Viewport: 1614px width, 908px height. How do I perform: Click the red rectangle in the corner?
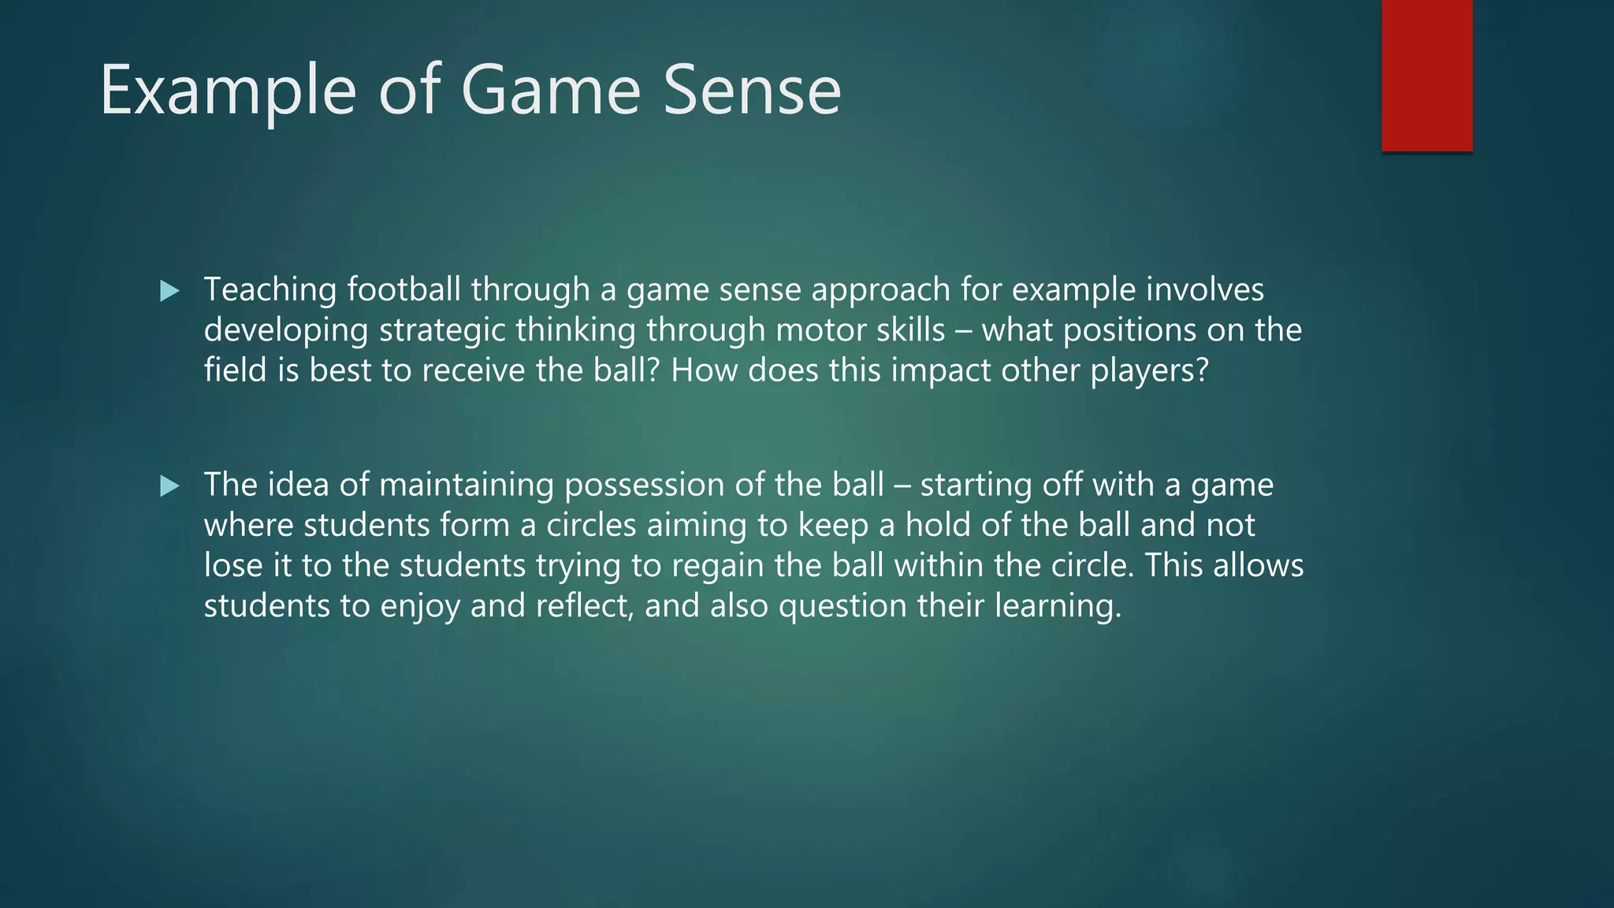pyautogui.click(x=1426, y=76)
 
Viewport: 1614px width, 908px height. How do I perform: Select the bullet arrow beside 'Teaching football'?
pyautogui.click(x=169, y=292)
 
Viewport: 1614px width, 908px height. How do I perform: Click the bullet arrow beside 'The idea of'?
pyautogui.click(x=169, y=486)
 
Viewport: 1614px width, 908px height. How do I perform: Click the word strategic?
pyautogui.click(x=442, y=330)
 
